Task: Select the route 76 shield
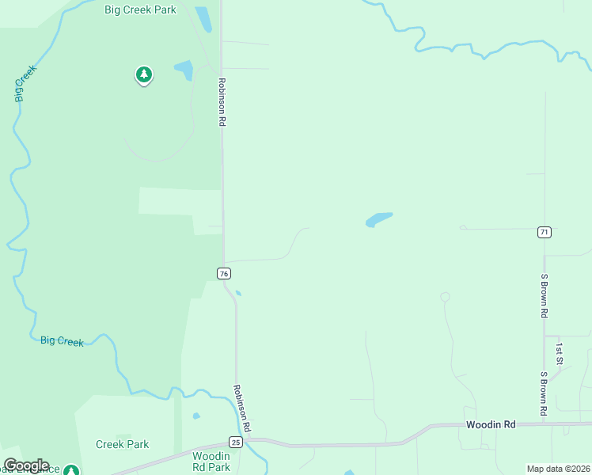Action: pos(224,273)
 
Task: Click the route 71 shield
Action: pos(544,232)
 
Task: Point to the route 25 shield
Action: pos(236,441)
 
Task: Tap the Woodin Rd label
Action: pos(491,425)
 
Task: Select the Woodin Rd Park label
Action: pos(211,462)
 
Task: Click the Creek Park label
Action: pos(122,444)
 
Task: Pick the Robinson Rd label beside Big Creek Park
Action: pos(223,102)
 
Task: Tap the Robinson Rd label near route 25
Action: pos(241,408)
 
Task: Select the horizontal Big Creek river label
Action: pos(62,340)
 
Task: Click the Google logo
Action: pos(26,465)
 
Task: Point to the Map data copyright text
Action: pos(558,469)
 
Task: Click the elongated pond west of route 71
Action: pos(379,219)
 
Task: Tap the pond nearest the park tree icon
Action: pos(184,70)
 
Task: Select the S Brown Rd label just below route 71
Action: pos(545,296)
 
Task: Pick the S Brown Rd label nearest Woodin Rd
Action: pos(545,393)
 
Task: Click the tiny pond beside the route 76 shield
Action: pos(238,293)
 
